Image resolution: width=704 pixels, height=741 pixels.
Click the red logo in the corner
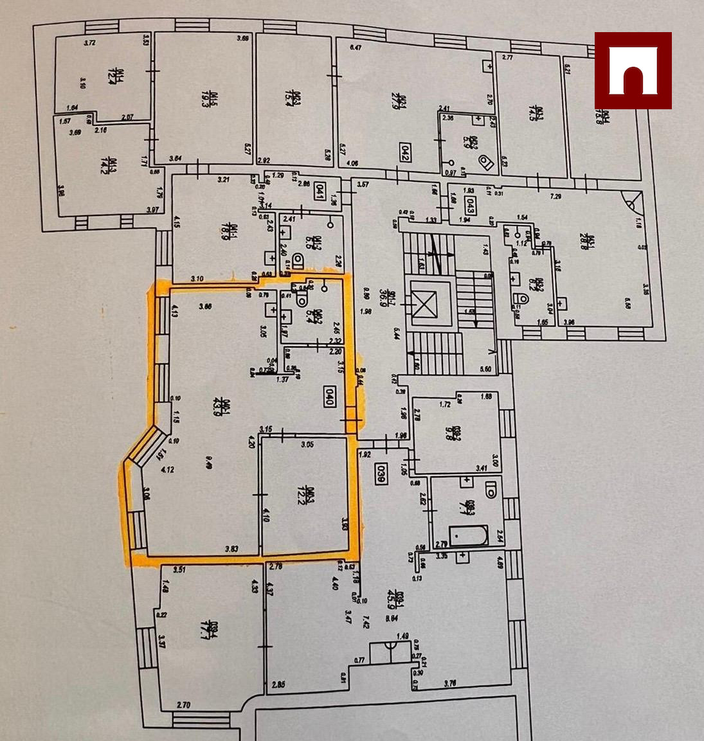click(x=633, y=71)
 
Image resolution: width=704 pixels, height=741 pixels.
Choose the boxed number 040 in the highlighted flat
click(x=329, y=397)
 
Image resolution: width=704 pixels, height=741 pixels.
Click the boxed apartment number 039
click(x=381, y=474)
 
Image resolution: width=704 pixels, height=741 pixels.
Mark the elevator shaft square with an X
click(x=423, y=304)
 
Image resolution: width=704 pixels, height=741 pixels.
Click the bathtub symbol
click(x=468, y=536)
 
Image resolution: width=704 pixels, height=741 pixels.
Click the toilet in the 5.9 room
click(x=486, y=163)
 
